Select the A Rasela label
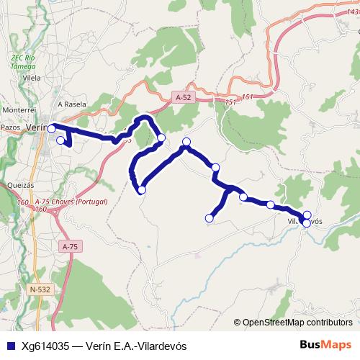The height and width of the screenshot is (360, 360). (x=76, y=104)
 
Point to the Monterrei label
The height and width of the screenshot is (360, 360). (x=19, y=109)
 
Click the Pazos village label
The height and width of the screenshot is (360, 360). (x=11, y=127)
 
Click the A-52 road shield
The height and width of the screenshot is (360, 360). (x=183, y=96)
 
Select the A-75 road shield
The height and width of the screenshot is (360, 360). (x=70, y=246)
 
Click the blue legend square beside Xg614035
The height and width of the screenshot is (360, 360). (x=11, y=346)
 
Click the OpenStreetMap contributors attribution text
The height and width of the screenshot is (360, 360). (x=297, y=323)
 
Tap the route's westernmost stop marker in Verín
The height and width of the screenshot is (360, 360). (x=52, y=128)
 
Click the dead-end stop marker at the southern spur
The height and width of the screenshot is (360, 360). (x=210, y=218)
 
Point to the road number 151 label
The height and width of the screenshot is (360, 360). (x=248, y=97)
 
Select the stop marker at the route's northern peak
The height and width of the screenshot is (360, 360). (x=186, y=142)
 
